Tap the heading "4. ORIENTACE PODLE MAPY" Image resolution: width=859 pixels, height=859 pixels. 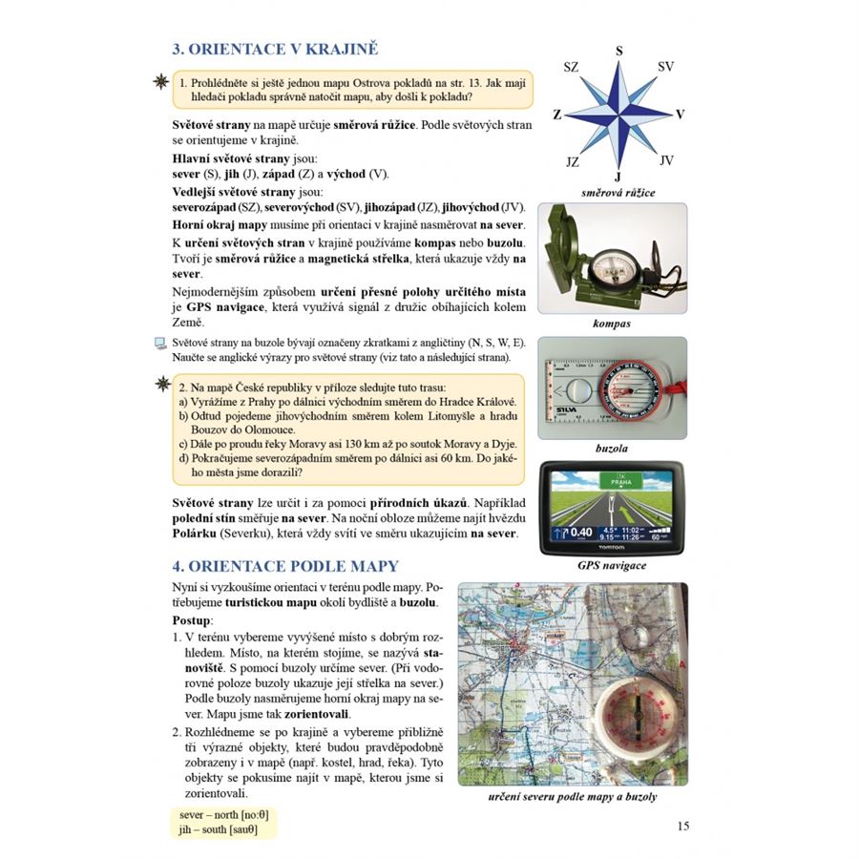284,566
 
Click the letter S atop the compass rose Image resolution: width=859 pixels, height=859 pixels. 618,51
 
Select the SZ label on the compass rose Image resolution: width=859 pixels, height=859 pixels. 571,67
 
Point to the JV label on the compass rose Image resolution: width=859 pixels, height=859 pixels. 666,160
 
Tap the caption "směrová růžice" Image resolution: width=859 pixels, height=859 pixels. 618,192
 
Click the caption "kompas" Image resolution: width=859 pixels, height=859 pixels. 612,324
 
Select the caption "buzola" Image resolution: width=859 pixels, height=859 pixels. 612,447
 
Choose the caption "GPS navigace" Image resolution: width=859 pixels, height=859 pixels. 612,566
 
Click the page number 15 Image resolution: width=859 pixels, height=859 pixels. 681,826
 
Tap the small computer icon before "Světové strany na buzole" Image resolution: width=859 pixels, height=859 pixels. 159,343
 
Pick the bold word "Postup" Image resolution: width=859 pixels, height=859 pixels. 194,620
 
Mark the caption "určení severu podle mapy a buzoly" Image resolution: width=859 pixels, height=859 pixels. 572,797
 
